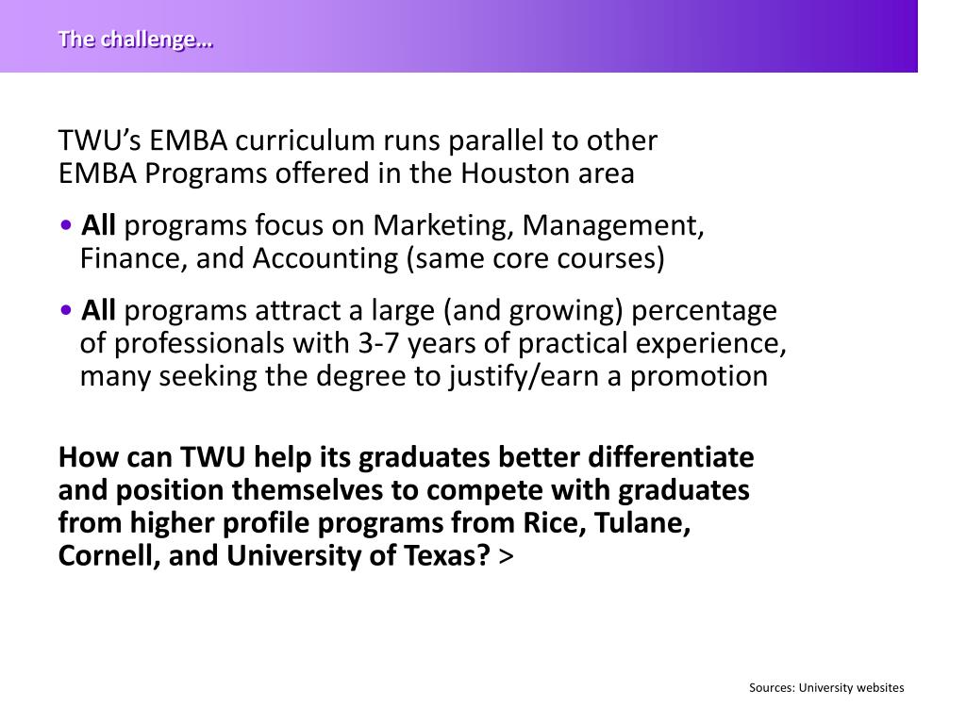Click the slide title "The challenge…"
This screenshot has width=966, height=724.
[135, 40]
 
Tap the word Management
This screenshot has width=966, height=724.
[613, 226]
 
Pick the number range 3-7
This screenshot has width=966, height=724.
[378, 343]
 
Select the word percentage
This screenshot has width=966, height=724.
[706, 310]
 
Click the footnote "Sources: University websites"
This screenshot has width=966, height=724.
[826, 687]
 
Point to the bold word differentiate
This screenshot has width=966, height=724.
[671, 457]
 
